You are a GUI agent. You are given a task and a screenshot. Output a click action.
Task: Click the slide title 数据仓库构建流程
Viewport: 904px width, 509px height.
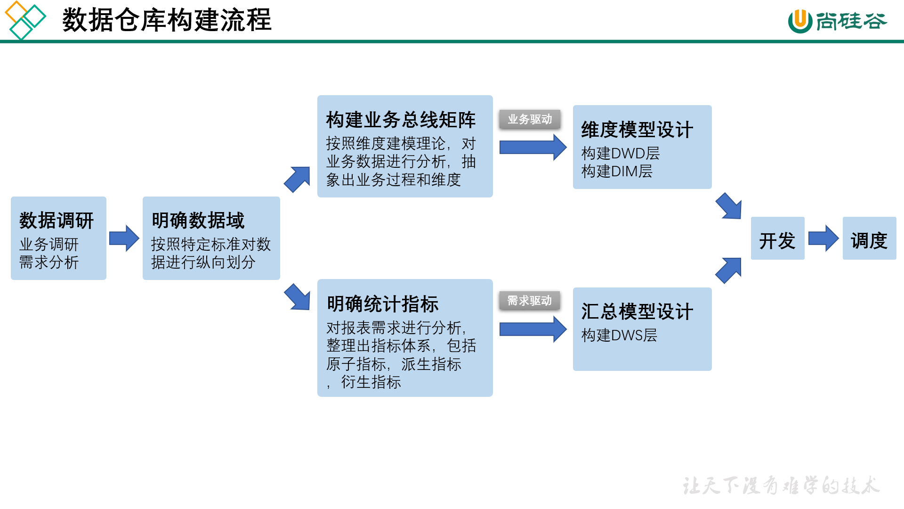tap(167, 20)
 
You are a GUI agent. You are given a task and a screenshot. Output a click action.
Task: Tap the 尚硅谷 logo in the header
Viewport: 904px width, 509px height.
tap(838, 21)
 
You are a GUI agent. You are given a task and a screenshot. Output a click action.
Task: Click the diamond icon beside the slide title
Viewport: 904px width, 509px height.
tap(25, 20)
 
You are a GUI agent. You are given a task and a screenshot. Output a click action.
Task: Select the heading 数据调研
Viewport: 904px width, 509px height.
tap(56, 221)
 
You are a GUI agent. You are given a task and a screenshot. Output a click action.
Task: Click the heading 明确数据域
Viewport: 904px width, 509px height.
tap(198, 221)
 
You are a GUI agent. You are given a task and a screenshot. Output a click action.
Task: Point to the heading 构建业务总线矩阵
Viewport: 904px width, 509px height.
tap(401, 120)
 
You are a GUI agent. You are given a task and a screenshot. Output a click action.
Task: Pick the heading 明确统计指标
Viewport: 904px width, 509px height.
tap(382, 304)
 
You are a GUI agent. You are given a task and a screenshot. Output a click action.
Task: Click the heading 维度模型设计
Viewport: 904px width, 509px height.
tap(637, 130)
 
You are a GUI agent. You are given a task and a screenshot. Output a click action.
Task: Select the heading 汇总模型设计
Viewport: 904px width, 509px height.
tap(637, 312)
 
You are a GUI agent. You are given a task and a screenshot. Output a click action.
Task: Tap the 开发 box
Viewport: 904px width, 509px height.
tap(777, 238)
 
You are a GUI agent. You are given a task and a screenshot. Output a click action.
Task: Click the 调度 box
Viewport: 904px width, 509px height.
tap(869, 238)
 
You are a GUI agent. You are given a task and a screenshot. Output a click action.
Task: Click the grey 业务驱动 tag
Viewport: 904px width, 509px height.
tap(530, 119)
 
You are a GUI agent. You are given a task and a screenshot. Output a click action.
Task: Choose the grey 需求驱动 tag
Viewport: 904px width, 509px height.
tap(530, 301)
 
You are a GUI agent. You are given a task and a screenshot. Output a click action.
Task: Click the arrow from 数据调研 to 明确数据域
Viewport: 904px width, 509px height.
tap(124, 238)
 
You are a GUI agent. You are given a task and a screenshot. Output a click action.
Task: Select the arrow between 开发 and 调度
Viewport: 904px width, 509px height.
tap(823, 238)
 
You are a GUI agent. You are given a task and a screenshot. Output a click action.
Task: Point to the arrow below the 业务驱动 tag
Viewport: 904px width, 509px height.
tap(533, 148)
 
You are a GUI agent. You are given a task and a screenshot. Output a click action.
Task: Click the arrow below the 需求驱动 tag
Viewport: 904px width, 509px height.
tap(533, 329)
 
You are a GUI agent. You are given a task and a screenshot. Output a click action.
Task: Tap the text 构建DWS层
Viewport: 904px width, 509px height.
tap(619, 335)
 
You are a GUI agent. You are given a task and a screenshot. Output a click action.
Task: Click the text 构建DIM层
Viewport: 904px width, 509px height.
tap(617, 171)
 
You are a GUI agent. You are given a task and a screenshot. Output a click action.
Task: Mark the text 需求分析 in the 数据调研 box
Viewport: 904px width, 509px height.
tap(49, 263)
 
